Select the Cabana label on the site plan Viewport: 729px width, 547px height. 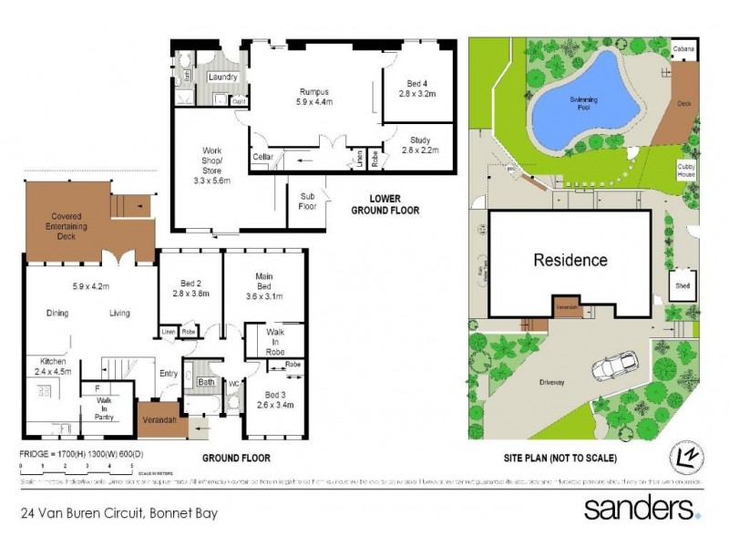tap(683, 48)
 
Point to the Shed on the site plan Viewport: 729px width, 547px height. tap(683, 285)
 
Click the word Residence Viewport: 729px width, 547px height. tap(570, 260)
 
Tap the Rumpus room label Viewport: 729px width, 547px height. tap(315, 97)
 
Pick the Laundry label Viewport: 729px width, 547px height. tap(222, 77)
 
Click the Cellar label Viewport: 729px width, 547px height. tap(263, 158)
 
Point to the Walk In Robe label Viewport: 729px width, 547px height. tap(275, 341)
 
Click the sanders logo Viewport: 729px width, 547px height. tap(641, 508)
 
